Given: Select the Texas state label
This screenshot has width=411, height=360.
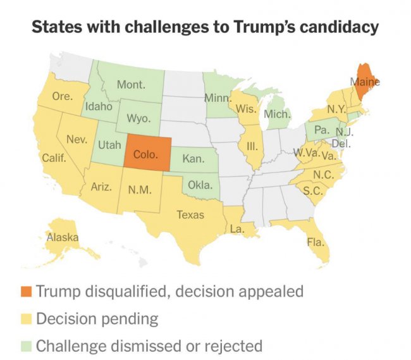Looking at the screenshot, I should [190, 215].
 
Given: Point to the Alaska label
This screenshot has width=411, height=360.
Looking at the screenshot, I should [63, 238].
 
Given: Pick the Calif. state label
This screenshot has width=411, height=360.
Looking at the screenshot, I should [55, 158].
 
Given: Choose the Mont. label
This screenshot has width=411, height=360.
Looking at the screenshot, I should [132, 84].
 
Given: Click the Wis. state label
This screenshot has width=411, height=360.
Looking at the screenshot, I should [245, 108].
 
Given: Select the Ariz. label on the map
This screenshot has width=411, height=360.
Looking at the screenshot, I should [102, 187].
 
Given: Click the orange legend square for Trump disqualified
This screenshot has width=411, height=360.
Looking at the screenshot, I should [25, 292].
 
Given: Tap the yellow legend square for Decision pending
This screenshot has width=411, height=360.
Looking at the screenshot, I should [25, 319].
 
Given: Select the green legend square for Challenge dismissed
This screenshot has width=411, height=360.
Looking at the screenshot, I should [25, 346].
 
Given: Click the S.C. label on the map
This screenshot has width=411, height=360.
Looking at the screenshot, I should [310, 190].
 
